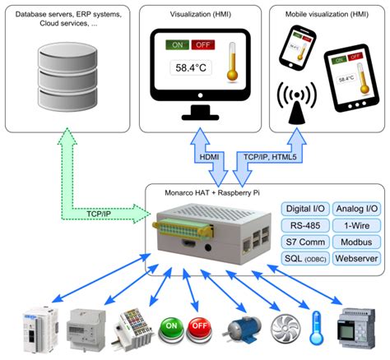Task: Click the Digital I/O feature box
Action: [305, 210]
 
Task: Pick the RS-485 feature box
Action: [305, 226]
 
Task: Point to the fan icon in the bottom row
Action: [281, 326]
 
